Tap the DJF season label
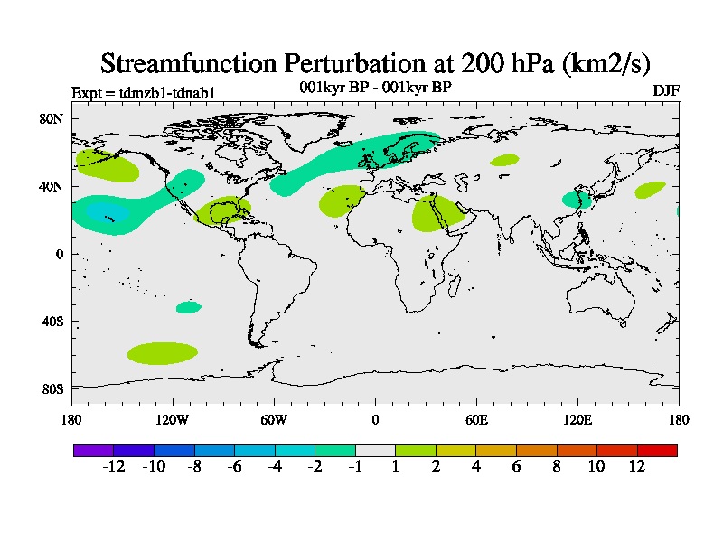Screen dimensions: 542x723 pyautogui.click(x=665, y=91)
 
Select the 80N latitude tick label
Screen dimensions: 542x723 pyautogui.click(x=52, y=118)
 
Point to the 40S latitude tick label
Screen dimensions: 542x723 pyautogui.click(x=52, y=322)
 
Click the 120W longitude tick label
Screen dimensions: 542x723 pyautogui.click(x=172, y=419)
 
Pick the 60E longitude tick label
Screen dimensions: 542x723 pyautogui.click(x=476, y=419)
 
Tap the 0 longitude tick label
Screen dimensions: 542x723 pyautogui.click(x=375, y=419)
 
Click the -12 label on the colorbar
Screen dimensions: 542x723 pyautogui.click(x=113, y=466)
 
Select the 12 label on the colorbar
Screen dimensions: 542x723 pyautogui.click(x=637, y=466)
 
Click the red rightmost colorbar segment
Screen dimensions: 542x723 pyautogui.click(x=657, y=450)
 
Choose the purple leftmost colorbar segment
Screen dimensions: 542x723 pyautogui.click(x=93, y=450)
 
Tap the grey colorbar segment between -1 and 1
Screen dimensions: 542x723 pyautogui.click(x=375, y=450)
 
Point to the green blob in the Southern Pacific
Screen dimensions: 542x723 pyautogui.click(x=163, y=352)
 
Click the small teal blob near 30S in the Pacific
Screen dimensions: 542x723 pyautogui.click(x=188, y=307)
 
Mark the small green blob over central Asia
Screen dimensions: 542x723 pyautogui.click(x=505, y=160)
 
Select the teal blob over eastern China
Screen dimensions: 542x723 pyautogui.click(x=575, y=199)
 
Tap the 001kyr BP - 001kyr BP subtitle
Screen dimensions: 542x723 pyautogui.click(x=375, y=87)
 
